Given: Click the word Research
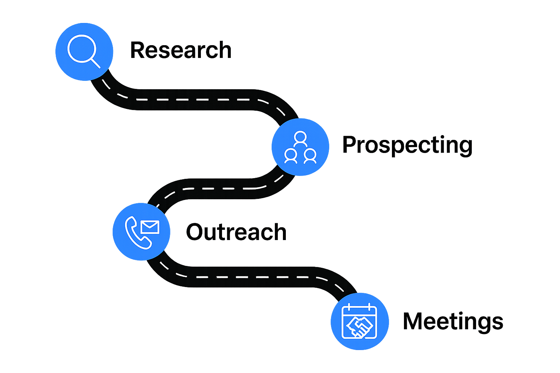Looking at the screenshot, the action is (x=181, y=50).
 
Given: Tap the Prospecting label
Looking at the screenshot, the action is (x=407, y=145).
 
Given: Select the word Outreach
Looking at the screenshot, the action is (x=236, y=232).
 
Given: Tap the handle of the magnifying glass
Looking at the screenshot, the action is (x=95, y=63).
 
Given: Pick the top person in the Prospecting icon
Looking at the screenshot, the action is (x=300, y=138).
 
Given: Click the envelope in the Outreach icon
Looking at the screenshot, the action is (x=150, y=227).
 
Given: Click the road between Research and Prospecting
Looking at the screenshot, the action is (x=197, y=99).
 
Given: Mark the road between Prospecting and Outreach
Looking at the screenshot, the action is (x=219, y=189).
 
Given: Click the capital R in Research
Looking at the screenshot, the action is (x=137, y=50).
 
